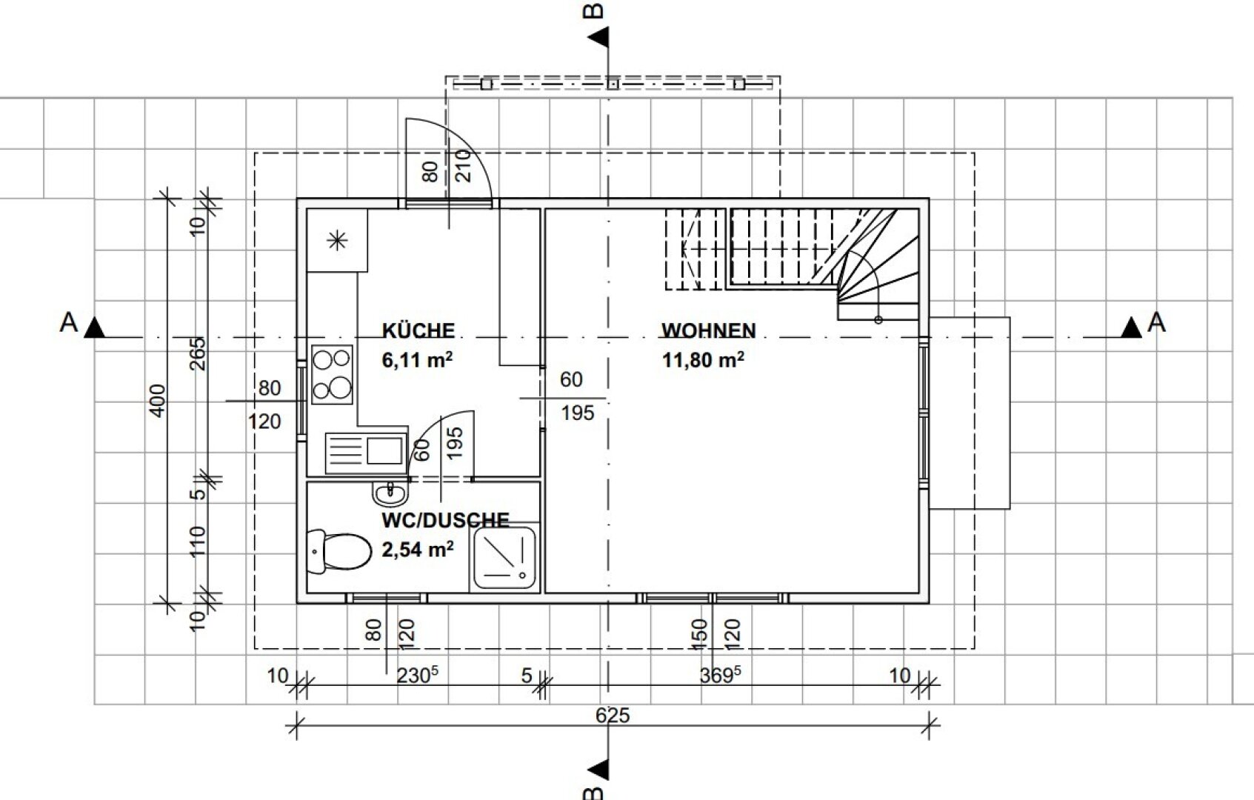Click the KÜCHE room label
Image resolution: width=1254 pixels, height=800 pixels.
pos(418,330)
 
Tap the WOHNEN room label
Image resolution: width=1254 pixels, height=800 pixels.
pos(709,330)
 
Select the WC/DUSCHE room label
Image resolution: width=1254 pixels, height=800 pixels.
pos(446,520)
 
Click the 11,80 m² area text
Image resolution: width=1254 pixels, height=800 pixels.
pos(703,359)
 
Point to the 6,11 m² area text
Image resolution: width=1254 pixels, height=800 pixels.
pos(417,359)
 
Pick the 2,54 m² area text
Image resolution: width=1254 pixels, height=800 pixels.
pos(418,549)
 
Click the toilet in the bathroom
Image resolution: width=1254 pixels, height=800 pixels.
pos(340,551)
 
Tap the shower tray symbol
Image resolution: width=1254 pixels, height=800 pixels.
pos(504,558)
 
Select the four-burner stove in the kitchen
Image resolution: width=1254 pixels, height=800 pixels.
pos(332,375)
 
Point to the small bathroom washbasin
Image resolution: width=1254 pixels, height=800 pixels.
pos(390,493)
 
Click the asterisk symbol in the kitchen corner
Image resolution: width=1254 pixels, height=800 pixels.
pos(337,241)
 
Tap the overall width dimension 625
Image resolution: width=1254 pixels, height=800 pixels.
pos(613,716)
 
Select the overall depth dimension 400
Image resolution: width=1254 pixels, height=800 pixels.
pos(159,400)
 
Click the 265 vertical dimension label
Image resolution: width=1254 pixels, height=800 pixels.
pos(198,353)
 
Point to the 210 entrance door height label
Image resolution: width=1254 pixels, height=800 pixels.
pos(464,165)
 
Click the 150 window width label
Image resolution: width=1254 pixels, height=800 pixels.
pos(699,634)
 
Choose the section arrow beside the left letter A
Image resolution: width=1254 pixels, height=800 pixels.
pos(95,327)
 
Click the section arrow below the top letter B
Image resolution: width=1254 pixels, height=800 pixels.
pos(598,38)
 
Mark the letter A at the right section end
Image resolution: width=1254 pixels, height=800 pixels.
pos(1156,322)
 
